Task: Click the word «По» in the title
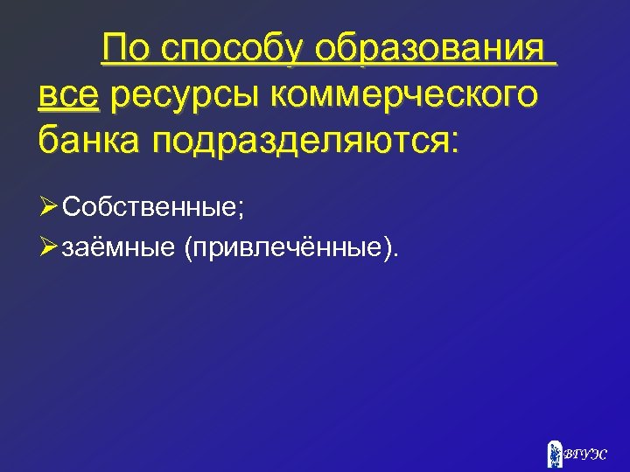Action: click(122, 49)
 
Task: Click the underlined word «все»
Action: click(70, 95)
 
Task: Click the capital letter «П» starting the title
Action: click(112, 49)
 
